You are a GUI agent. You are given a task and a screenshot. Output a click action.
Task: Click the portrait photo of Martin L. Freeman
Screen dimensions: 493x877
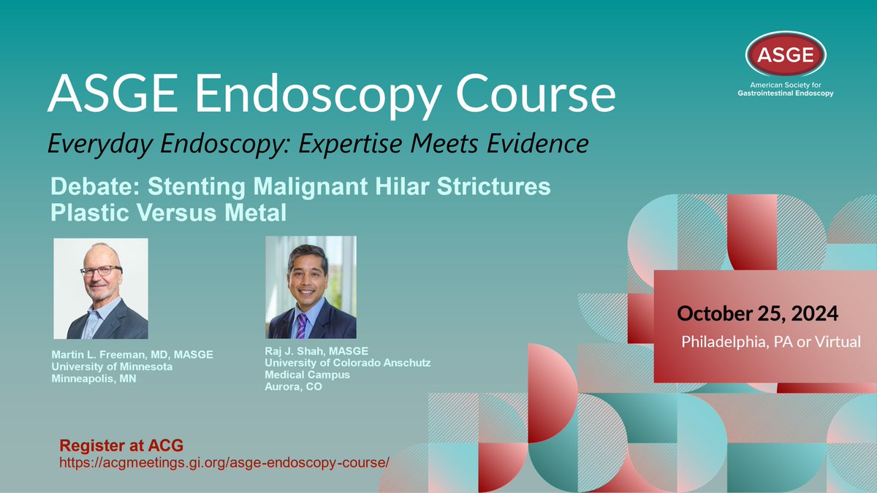coord(101,288)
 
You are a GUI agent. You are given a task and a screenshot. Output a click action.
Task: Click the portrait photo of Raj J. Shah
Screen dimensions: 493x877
coord(311,287)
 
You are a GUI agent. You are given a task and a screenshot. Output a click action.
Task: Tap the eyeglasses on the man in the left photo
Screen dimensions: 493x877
coord(101,271)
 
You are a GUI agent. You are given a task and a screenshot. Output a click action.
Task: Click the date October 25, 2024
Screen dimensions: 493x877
coord(757,313)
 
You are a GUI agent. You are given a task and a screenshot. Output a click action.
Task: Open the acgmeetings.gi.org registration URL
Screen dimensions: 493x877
coord(220,463)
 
